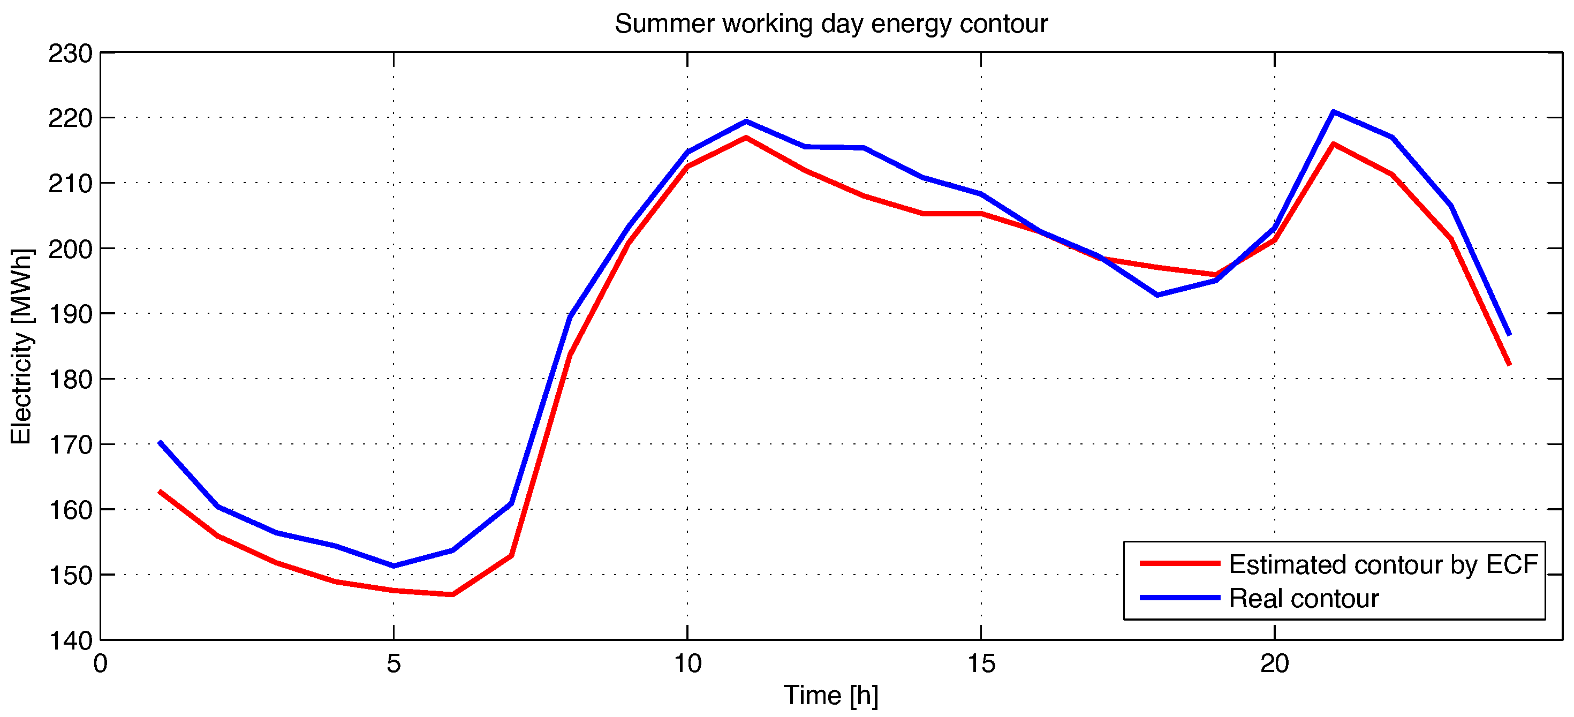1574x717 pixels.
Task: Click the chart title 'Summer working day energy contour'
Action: [831, 24]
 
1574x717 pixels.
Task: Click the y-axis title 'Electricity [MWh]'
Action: [21, 346]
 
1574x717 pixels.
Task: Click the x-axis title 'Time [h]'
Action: [831, 695]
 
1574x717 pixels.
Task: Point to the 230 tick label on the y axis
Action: [70, 54]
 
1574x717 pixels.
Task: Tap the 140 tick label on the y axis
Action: [70, 640]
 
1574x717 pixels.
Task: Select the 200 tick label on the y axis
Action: [70, 250]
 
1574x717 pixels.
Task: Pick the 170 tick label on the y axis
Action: [70, 445]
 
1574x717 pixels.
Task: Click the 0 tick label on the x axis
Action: [100, 664]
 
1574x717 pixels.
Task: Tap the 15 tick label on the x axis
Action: [981, 664]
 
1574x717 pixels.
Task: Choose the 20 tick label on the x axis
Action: [1275, 664]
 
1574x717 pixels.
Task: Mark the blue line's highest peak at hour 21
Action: [1333, 112]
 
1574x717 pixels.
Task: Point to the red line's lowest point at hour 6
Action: [452, 594]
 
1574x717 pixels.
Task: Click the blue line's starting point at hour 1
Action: [160, 442]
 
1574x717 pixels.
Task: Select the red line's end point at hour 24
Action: [1509, 364]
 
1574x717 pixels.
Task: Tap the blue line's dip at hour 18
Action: [1157, 295]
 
